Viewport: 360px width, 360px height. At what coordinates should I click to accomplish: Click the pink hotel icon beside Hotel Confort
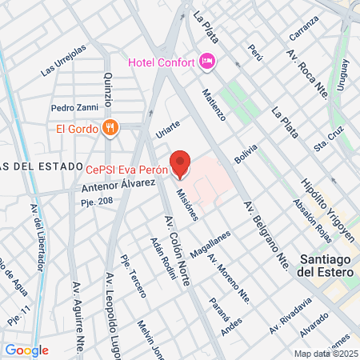[207, 61]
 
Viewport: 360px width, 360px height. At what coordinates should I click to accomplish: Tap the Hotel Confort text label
[162, 62]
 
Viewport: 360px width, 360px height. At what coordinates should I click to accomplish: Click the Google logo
[26, 350]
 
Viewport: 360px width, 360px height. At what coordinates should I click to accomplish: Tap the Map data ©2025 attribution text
[326, 354]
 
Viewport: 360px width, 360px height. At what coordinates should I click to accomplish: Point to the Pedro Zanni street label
[73, 107]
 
